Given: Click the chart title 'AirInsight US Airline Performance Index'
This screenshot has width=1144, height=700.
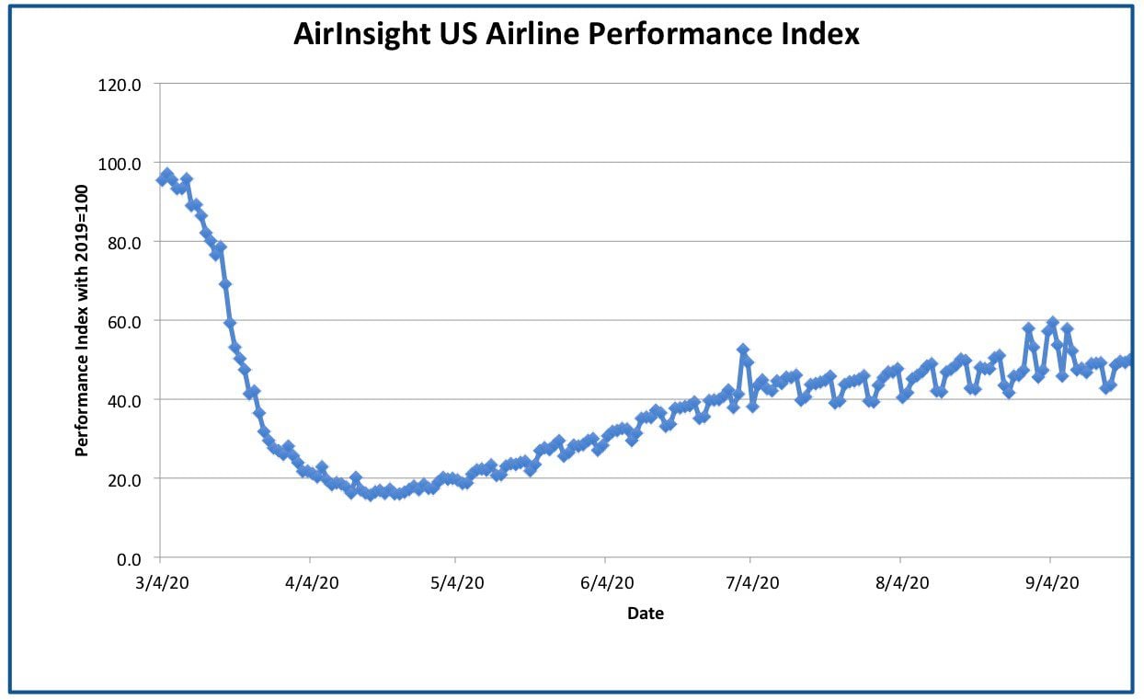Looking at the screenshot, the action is pos(577,34).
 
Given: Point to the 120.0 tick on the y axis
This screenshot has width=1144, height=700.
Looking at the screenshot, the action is pos(119,85).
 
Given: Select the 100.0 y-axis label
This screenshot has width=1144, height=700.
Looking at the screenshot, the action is pos(119,164).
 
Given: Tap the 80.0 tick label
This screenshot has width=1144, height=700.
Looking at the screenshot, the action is pos(124,243).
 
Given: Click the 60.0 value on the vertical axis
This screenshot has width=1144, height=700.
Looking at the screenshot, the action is pos(124,323).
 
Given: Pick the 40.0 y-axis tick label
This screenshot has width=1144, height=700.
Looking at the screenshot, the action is pos(124,401).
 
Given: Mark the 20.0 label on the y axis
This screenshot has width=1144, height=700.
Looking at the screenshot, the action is pos(124,480).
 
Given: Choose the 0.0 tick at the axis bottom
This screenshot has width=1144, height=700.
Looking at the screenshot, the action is pos(129,559).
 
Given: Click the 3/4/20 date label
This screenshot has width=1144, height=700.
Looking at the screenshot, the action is pos(162,583).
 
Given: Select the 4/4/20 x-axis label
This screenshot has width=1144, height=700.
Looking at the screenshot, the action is pos(312,583).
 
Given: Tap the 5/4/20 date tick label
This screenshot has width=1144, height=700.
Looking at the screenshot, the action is pos(457,583).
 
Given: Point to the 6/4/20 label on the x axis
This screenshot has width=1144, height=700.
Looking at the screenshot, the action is pos(607,583).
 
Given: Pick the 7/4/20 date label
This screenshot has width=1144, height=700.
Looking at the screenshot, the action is pos(752,583).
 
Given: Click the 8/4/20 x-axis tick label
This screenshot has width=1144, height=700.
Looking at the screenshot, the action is pos(902,583).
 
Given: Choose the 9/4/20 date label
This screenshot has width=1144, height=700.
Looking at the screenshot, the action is pos(1052,583).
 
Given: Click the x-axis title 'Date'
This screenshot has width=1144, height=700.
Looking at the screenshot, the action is pos(646,614).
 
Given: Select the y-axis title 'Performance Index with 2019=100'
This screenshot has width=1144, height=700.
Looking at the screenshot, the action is pos(82,320).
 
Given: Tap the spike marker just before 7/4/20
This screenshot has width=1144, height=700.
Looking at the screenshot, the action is pos(743,350).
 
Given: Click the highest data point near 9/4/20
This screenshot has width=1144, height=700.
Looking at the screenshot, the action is pos(1053,323).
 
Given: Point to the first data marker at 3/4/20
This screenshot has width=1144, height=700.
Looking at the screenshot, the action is pos(163,179).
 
